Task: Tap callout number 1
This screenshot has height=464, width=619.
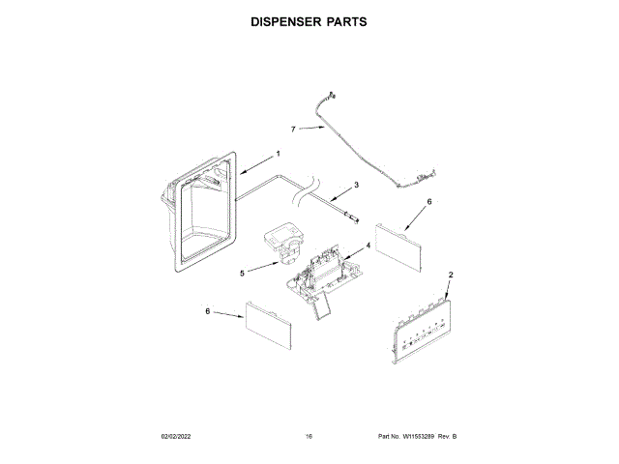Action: (x=278, y=154)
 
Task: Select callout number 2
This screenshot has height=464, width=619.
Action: (x=451, y=275)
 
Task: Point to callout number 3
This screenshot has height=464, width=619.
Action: (x=356, y=184)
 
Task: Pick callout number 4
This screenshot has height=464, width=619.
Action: (x=368, y=246)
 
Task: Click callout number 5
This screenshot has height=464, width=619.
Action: (x=242, y=274)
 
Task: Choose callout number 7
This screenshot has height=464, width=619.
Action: (x=293, y=129)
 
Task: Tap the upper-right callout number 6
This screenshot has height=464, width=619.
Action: (x=428, y=203)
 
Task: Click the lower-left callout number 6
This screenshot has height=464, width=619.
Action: (x=207, y=311)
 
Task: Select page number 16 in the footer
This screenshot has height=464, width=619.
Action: (x=309, y=438)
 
